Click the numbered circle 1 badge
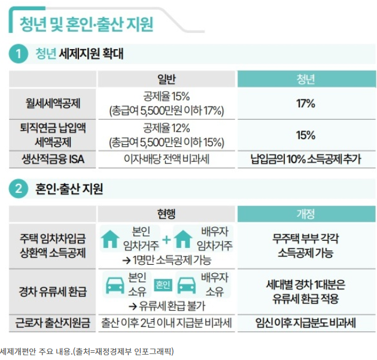(x=19, y=54)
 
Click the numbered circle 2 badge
(x=19, y=189)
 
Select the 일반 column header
(x=166, y=79)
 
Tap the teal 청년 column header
(x=306, y=79)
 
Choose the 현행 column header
(x=166, y=214)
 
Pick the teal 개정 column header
(x=306, y=214)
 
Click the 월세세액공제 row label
(x=53, y=104)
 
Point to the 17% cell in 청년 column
(x=306, y=104)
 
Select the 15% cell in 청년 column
(x=306, y=135)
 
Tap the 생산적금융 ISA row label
(x=53, y=159)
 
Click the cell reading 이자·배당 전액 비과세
(x=166, y=159)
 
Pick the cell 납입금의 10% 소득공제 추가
(x=306, y=159)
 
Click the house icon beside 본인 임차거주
(x=110, y=239)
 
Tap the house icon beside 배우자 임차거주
(x=183, y=239)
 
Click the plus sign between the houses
(x=166, y=240)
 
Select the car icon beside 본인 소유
(x=115, y=285)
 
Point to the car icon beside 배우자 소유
(x=186, y=285)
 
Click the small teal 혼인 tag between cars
(x=163, y=285)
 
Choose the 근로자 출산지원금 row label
(x=53, y=323)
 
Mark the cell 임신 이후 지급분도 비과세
(x=306, y=323)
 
